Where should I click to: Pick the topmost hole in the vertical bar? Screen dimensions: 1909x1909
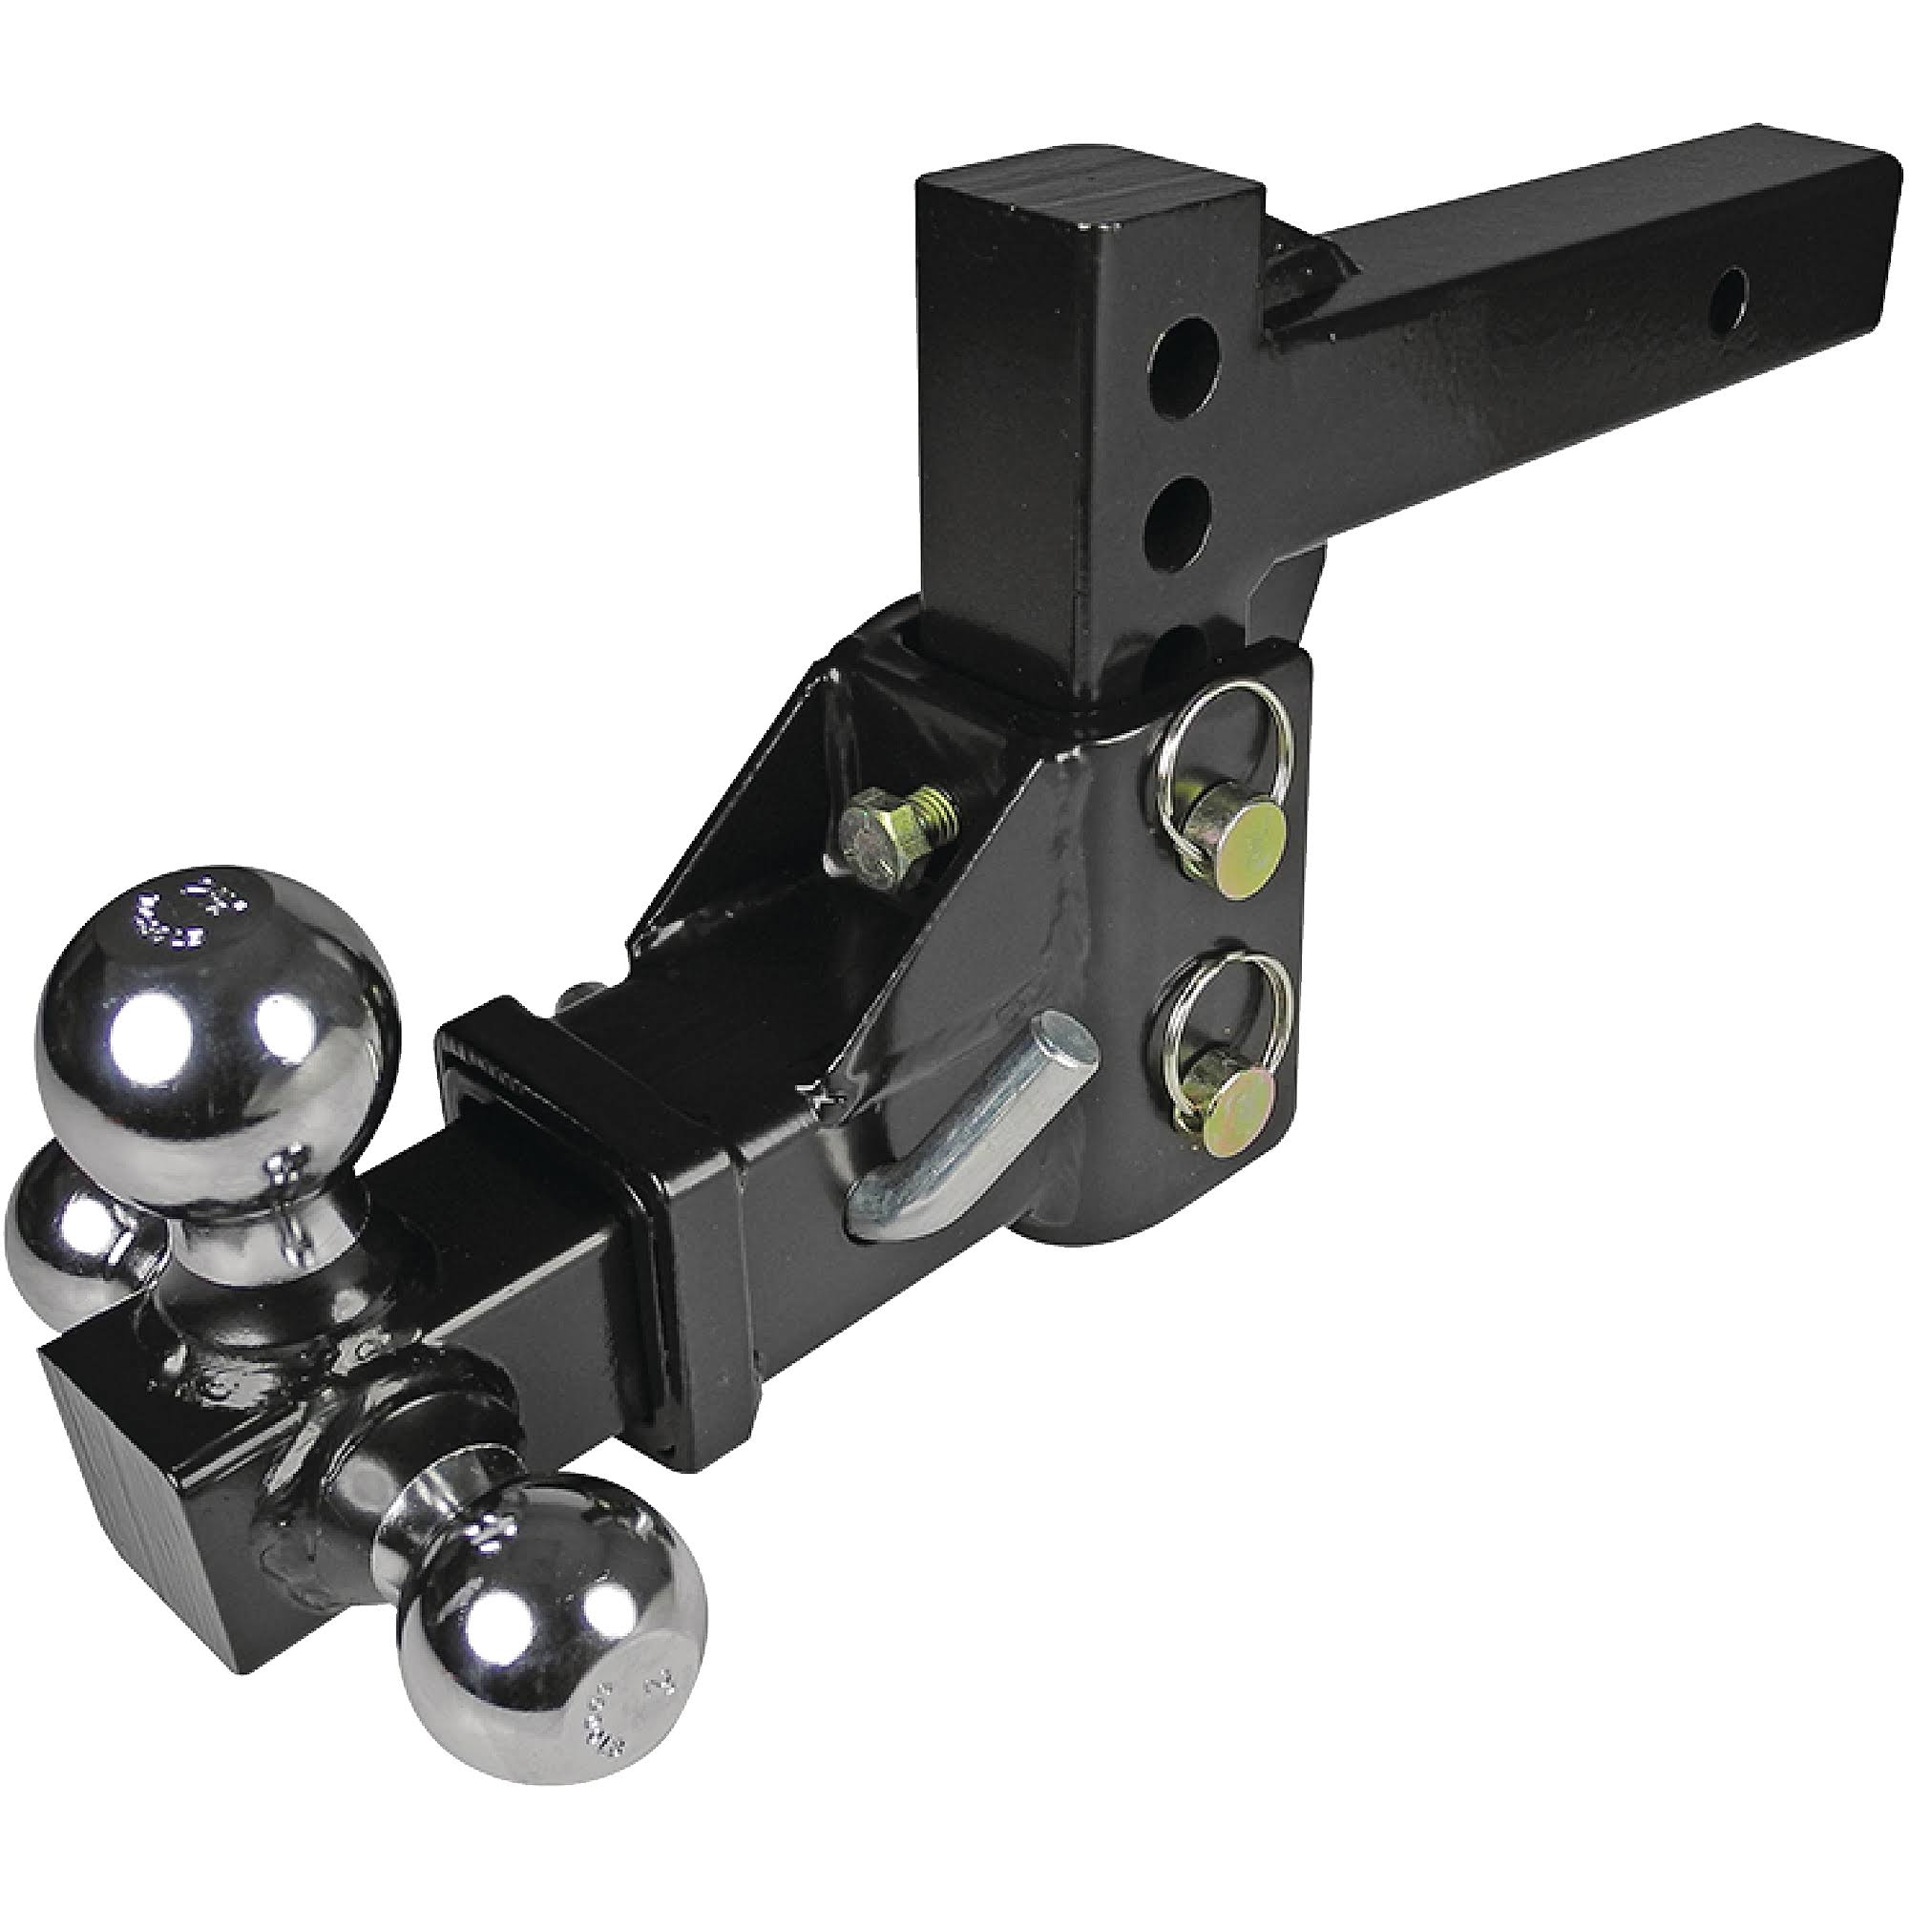coord(1183,377)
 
